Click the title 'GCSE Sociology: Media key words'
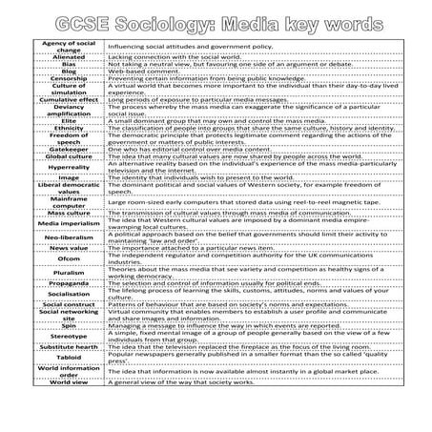coord(216,21)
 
